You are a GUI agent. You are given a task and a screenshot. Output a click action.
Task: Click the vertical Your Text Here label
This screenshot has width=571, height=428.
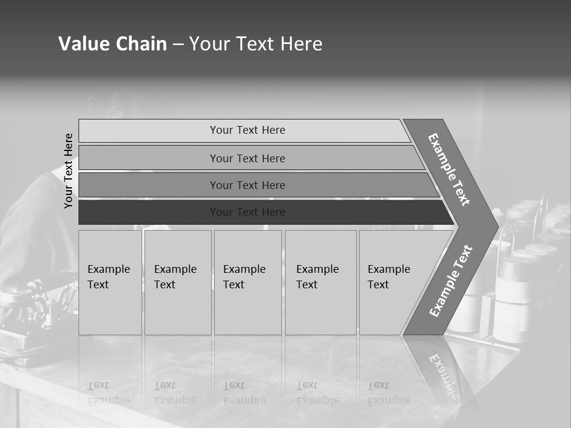click(x=68, y=171)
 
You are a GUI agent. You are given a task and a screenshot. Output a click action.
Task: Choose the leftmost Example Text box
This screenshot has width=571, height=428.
click(x=110, y=282)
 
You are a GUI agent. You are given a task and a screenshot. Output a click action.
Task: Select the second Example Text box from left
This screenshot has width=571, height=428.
click(x=178, y=282)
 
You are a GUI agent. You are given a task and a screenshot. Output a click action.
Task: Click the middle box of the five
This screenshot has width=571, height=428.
click(x=247, y=282)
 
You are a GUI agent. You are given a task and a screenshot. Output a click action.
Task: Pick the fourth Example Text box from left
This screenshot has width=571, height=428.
click(x=321, y=282)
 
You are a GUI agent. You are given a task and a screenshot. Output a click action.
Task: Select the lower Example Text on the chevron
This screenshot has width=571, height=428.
click(x=451, y=281)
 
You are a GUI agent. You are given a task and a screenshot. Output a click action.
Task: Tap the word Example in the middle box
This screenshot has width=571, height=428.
click(x=244, y=269)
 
